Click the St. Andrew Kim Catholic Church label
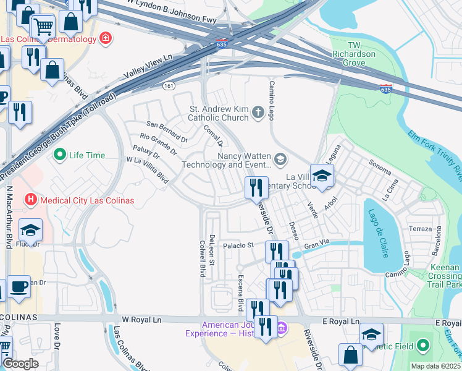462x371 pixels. tap(218, 113)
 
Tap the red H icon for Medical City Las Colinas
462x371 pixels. tap(29, 200)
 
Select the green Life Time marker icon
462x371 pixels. tap(60, 155)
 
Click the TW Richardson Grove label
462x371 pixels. tap(353, 54)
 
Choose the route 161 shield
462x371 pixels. tap(168, 85)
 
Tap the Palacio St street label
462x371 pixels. tap(238, 245)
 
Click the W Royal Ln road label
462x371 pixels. tap(141, 320)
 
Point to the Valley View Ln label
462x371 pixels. tap(148, 65)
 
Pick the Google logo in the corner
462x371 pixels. tap(20, 364)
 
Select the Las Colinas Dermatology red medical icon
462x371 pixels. tap(106, 39)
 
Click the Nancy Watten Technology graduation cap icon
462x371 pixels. tap(280, 160)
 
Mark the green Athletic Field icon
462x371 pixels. tap(423, 344)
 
